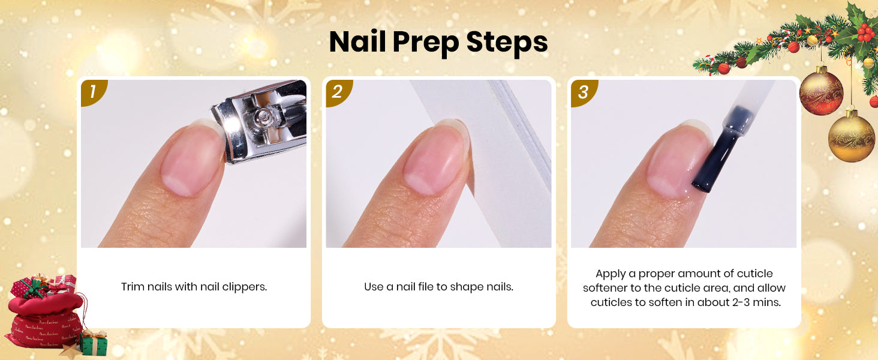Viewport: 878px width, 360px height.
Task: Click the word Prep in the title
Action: tap(425, 43)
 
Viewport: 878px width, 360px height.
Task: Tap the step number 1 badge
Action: tap(93, 92)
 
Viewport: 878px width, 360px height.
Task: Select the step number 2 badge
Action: tap(338, 92)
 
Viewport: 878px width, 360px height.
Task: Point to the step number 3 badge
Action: tap(583, 92)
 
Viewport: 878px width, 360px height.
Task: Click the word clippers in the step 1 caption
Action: tap(245, 287)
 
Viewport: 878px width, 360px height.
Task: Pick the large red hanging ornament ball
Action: tap(821, 91)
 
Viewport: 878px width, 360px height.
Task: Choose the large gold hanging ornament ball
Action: tap(851, 136)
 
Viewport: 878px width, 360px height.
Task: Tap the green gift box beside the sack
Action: tap(94, 344)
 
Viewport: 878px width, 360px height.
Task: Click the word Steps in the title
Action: tap(507, 42)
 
